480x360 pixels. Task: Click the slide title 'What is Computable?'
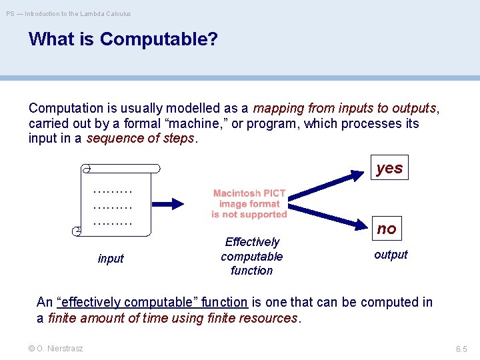pyautogui.click(x=123, y=39)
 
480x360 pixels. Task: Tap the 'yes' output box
pyautogui.click(x=389, y=168)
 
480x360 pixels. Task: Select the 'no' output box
pyautogui.click(x=387, y=229)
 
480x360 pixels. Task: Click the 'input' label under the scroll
pyautogui.click(x=111, y=259)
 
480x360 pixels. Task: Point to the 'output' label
pyautogui.click(x=391, y=255)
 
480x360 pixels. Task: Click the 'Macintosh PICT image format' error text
pyautogui.click(x=249, y=203)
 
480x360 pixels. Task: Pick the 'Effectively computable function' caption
pyautogui.click(x=251, y=256)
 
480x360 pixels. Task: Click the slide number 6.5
pyautogui.click(x=461, y=349)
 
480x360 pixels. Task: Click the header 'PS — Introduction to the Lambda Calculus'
pyautogui.click(x=69, y=13)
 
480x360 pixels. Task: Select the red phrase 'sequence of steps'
pyautogui.click(x=141, y=139)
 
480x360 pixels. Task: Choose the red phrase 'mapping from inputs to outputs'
pyautogui.click(x=345, y=108)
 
